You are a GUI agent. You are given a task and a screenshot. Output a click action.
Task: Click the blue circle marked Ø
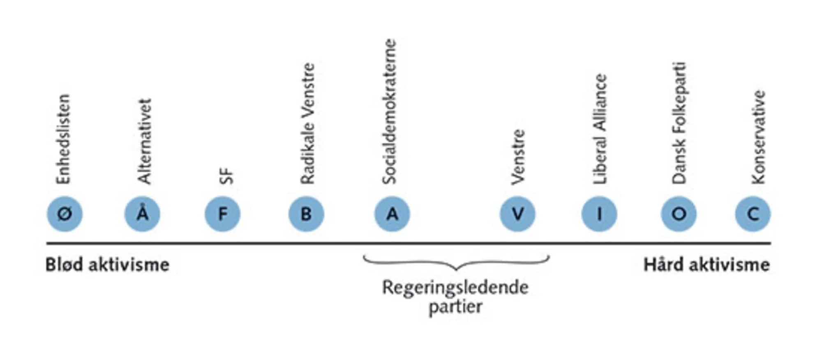click(x=65, y=214)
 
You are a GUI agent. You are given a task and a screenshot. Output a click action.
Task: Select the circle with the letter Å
click(x=142, y=214)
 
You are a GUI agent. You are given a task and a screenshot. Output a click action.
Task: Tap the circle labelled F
click(x=222, y=214)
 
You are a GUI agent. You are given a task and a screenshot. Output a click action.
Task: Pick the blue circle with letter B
click(x=306, y=214)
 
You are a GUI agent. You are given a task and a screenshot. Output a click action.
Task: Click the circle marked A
click(x=392, y=214)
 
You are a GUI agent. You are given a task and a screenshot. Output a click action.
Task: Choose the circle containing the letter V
click(x=517, y=214)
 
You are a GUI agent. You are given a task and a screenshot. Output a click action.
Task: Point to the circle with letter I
click(x=599, y=214)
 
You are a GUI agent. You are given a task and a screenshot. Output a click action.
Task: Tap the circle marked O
click(x=679, y=214)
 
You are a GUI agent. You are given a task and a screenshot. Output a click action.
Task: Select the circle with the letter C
click(x=753, y=214)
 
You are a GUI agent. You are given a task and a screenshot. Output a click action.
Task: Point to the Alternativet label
click(x=144, y=141)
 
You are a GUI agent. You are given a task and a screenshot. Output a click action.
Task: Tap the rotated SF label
click(x=226, y=176)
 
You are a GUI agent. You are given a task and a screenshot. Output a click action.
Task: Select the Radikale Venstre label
click(x=307, y=124)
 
